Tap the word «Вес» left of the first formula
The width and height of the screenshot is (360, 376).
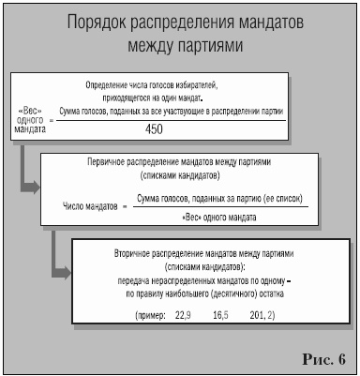30,109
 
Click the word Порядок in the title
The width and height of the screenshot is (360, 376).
101,21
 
